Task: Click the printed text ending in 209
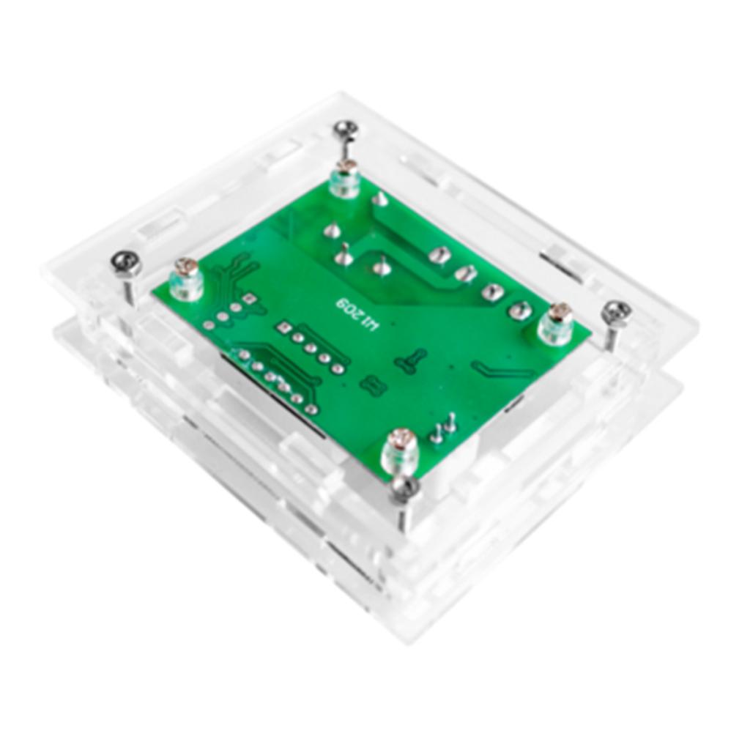(357, 313)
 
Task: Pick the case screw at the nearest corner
(404, 488)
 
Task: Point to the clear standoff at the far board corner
(344, 179)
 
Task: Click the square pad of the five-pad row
(281, 327)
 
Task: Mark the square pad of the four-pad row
(250, 298)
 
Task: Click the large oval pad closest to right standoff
(519, 310)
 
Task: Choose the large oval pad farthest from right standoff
(439, 255)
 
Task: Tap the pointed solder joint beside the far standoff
(379, 198)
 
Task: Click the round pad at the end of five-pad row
(336, 368)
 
